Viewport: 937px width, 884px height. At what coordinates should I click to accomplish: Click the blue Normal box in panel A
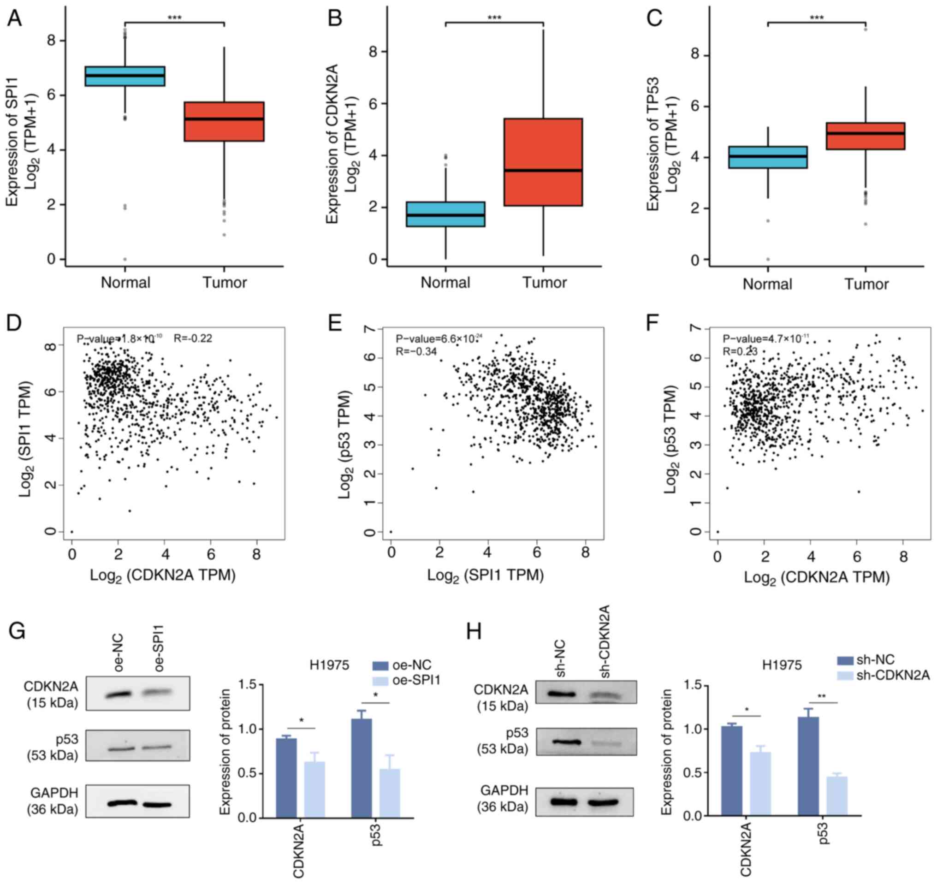point(125,76)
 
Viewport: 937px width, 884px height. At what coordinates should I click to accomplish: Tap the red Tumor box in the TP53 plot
point(866,136)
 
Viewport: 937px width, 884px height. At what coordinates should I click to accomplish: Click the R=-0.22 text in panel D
point(193,338)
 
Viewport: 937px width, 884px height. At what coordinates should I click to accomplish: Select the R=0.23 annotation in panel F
point(741,351)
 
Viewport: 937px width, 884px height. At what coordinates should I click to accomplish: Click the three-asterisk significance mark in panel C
point(817,18)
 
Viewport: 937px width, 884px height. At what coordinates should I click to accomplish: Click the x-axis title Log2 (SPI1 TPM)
point(486,575)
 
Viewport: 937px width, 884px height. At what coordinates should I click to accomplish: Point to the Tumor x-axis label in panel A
point(225,282)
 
